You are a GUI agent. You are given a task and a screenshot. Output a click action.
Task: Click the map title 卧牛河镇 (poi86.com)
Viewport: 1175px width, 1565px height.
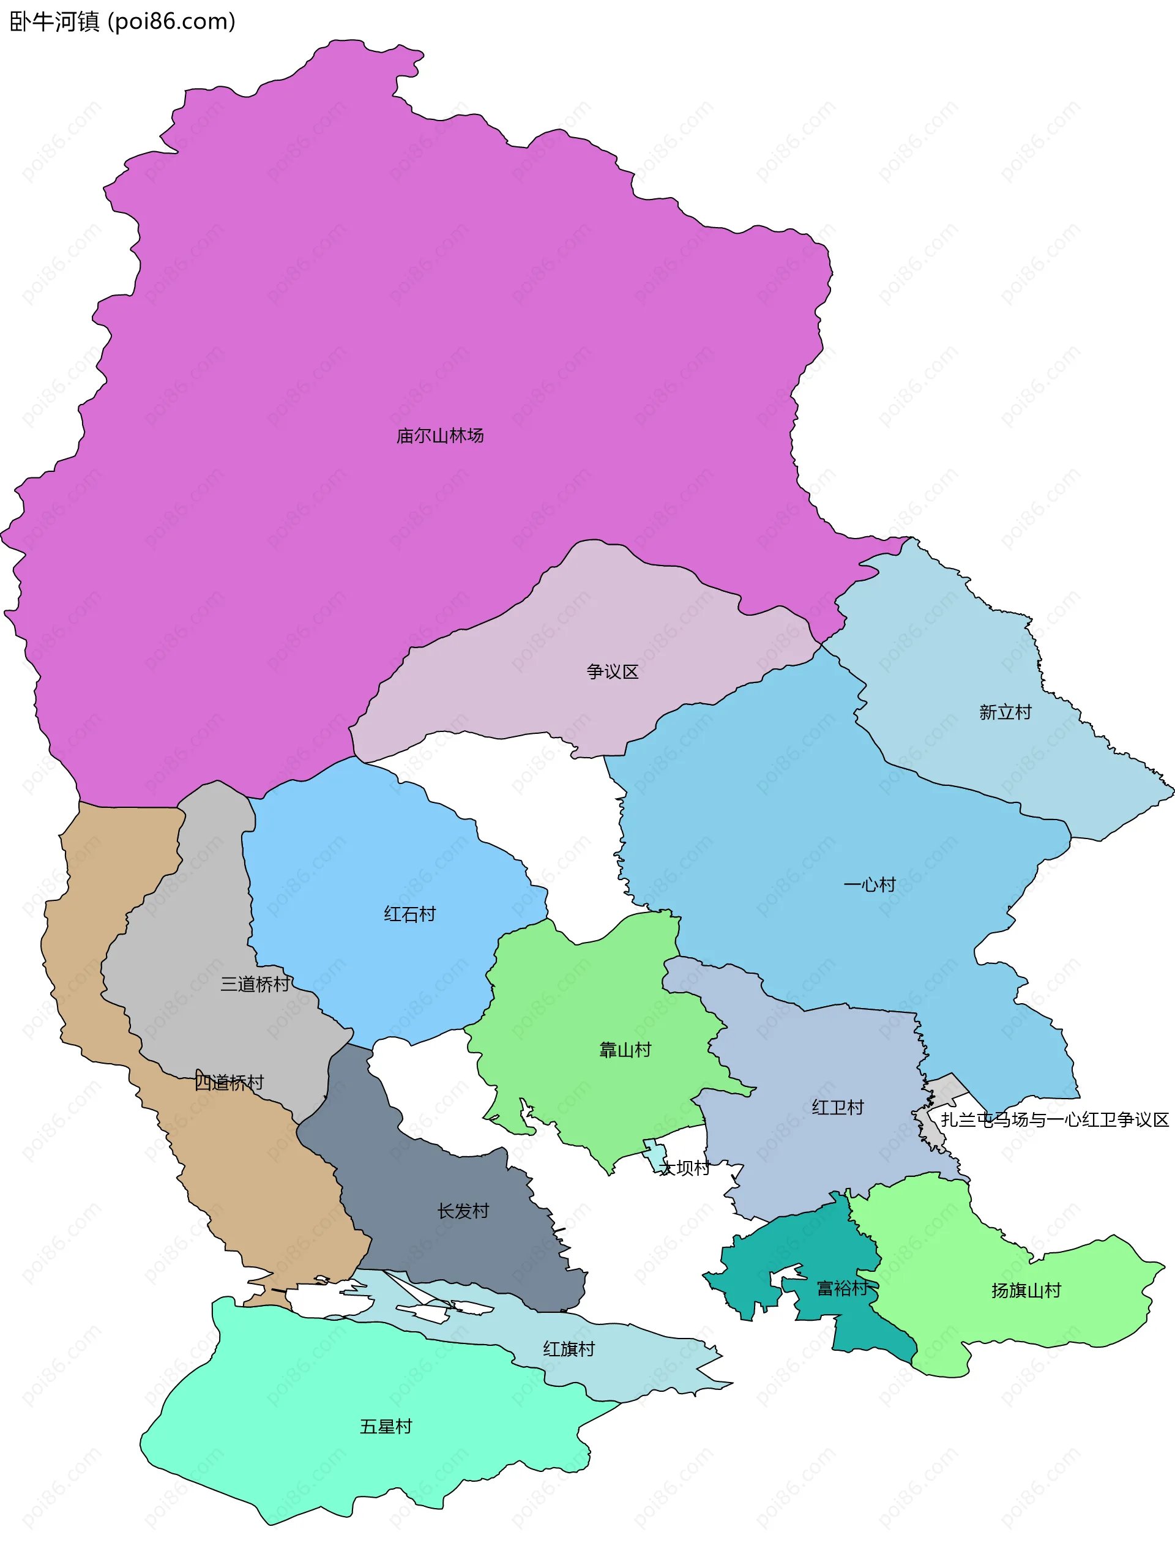(122, 22)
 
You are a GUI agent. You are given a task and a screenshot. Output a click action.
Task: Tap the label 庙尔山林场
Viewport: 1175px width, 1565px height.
(439, 436)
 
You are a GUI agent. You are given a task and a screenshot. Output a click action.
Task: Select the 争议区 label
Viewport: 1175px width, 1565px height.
(612, 671)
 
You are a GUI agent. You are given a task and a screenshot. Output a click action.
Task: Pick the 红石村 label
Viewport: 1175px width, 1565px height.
(409, 914)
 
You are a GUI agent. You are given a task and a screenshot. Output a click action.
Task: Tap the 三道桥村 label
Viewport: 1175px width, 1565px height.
(255, 984)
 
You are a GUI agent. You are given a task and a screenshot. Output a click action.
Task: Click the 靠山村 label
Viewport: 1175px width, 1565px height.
(625, 1050)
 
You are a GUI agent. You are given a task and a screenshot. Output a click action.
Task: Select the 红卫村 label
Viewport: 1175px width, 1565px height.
(838, 1107)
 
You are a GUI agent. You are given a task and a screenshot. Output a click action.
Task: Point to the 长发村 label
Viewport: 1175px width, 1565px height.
(463, 1211)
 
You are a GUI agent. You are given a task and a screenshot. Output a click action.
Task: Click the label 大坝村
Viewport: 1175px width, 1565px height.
(684, 1168)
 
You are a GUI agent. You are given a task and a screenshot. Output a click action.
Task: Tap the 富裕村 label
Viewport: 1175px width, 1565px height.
(842, 1288)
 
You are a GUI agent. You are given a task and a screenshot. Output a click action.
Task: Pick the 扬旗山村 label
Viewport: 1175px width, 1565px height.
(1026, 1290)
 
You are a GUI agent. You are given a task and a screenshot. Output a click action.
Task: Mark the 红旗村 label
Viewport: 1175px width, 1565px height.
(569, 1349)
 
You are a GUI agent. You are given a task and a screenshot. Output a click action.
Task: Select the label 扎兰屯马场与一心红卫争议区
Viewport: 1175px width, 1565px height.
(1054, 1120)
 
